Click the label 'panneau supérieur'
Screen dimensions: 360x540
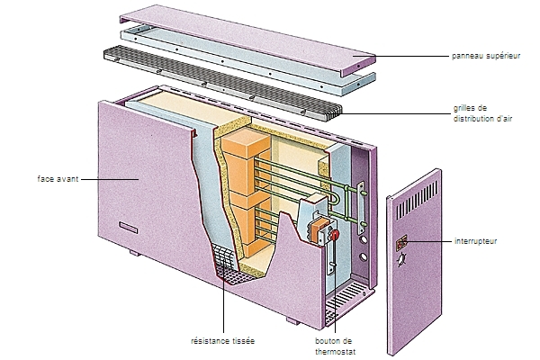pos(487,56)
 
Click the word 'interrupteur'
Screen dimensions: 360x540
pos(475,242)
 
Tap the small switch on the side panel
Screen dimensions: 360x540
pos(401,242)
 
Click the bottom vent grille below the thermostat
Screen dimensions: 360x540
pos(346,298)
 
